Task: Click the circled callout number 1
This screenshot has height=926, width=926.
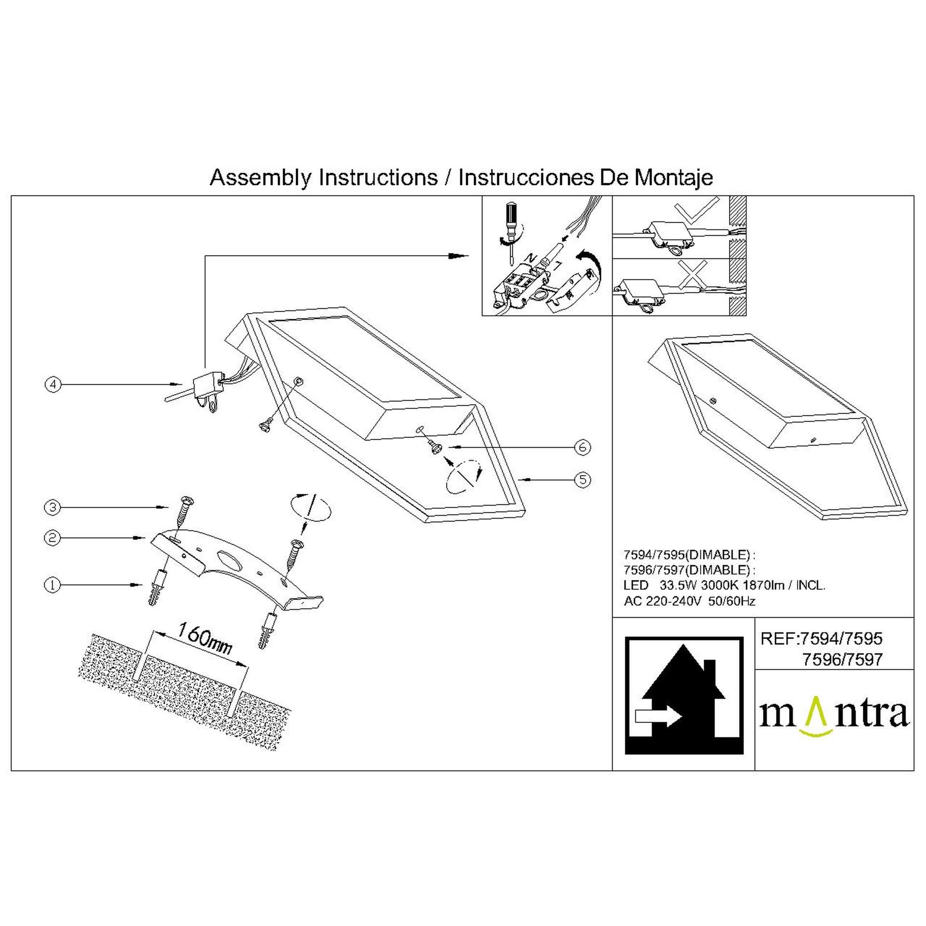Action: (53, 586)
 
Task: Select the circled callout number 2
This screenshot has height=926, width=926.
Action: (53, 538)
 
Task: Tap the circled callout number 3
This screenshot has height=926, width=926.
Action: (53, 507)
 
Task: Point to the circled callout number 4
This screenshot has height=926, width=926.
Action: (54, 384)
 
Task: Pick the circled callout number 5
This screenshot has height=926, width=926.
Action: (583, 480)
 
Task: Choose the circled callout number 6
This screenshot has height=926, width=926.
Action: (583, 447)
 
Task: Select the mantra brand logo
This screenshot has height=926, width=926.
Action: (834, 717)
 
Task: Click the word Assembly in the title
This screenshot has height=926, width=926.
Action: (261, 178)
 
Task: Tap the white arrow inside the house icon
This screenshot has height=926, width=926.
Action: (658, 717)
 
